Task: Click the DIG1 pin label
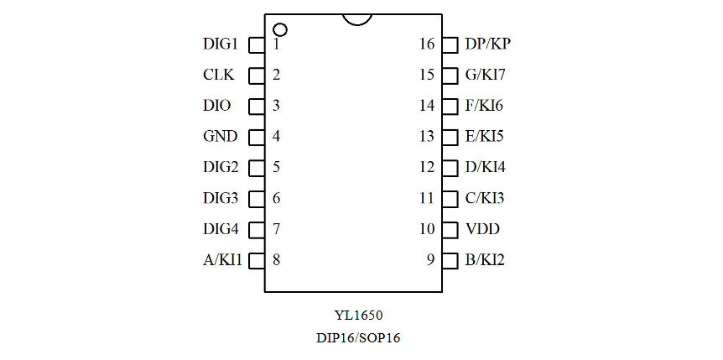[x=221, y=44]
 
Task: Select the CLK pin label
[x=218, y=75]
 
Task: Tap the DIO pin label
[x=217, y=106]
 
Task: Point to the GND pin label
[x=220, y=136]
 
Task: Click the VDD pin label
[x=482, y=229]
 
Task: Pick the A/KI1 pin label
[x=222, y=260]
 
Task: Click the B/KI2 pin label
[x=485, y=260]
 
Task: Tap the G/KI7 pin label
[x=485, y=75]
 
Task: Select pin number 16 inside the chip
[x=427, y=44]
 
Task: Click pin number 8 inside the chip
[x=276, y=260]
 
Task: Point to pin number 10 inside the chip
[x=427, y=229]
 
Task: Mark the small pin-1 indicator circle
[x=280, y=29]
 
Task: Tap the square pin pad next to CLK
[x=257, y=75]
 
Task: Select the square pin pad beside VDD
[x=450, y=229]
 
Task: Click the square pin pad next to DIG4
[x=257, y=229]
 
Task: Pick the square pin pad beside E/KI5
[x=450, y=136]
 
